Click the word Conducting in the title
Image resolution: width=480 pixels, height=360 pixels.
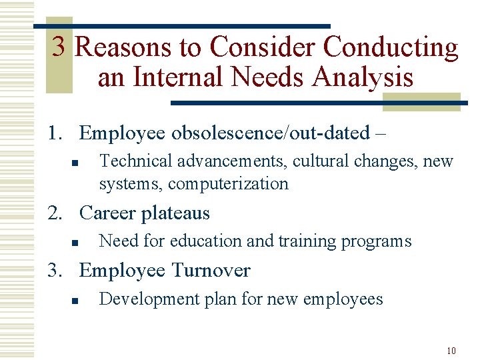pos(391,48)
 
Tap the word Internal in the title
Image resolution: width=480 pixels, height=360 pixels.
pos(173,77)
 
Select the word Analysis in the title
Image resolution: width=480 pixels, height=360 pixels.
pos(363,77)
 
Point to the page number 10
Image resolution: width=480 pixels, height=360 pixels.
pos(451,350)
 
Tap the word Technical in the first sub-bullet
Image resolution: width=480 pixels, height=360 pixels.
pos(131,161)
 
